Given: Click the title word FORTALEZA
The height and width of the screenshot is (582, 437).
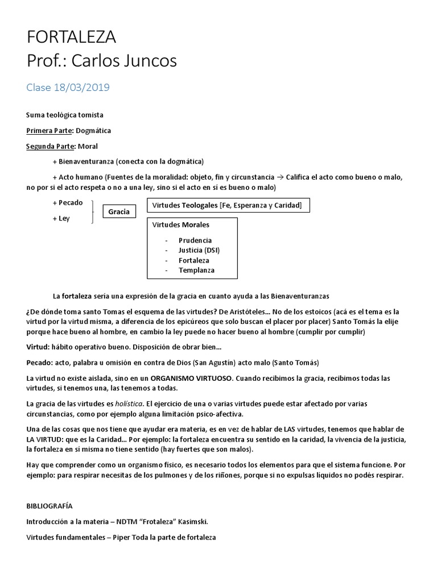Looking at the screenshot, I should click(71, 38).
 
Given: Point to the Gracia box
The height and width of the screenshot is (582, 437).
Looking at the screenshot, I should click(119, 212).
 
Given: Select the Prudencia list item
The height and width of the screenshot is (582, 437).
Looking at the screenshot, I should click(195, 240).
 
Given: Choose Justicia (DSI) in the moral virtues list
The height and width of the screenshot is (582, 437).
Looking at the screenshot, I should click(199, 250).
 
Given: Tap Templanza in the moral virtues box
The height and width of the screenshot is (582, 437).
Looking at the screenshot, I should click(196, 270).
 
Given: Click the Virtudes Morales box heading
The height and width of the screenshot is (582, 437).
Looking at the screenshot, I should click(181, 225).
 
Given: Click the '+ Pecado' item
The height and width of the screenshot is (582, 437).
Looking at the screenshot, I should click(67, 202).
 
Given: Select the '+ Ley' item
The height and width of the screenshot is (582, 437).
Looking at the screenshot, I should click(61, 218).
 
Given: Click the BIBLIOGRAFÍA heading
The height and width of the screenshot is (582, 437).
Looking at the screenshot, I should click(50, 505).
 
